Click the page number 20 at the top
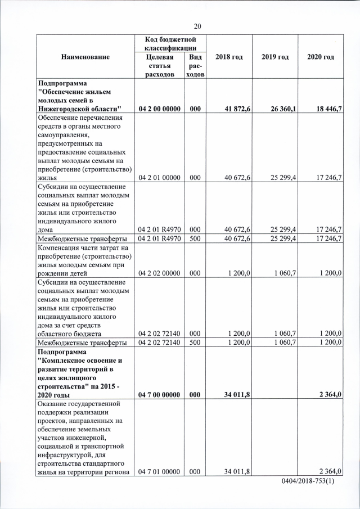coord(197,26)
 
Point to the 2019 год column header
coord(275,57)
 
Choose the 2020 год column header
coord(321,57)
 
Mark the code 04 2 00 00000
coord(160,109)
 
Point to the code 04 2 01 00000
coord(160,178)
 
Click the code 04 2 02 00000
coord(160,273)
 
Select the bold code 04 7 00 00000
coord(160,395)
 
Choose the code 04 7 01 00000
coord(160,471)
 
